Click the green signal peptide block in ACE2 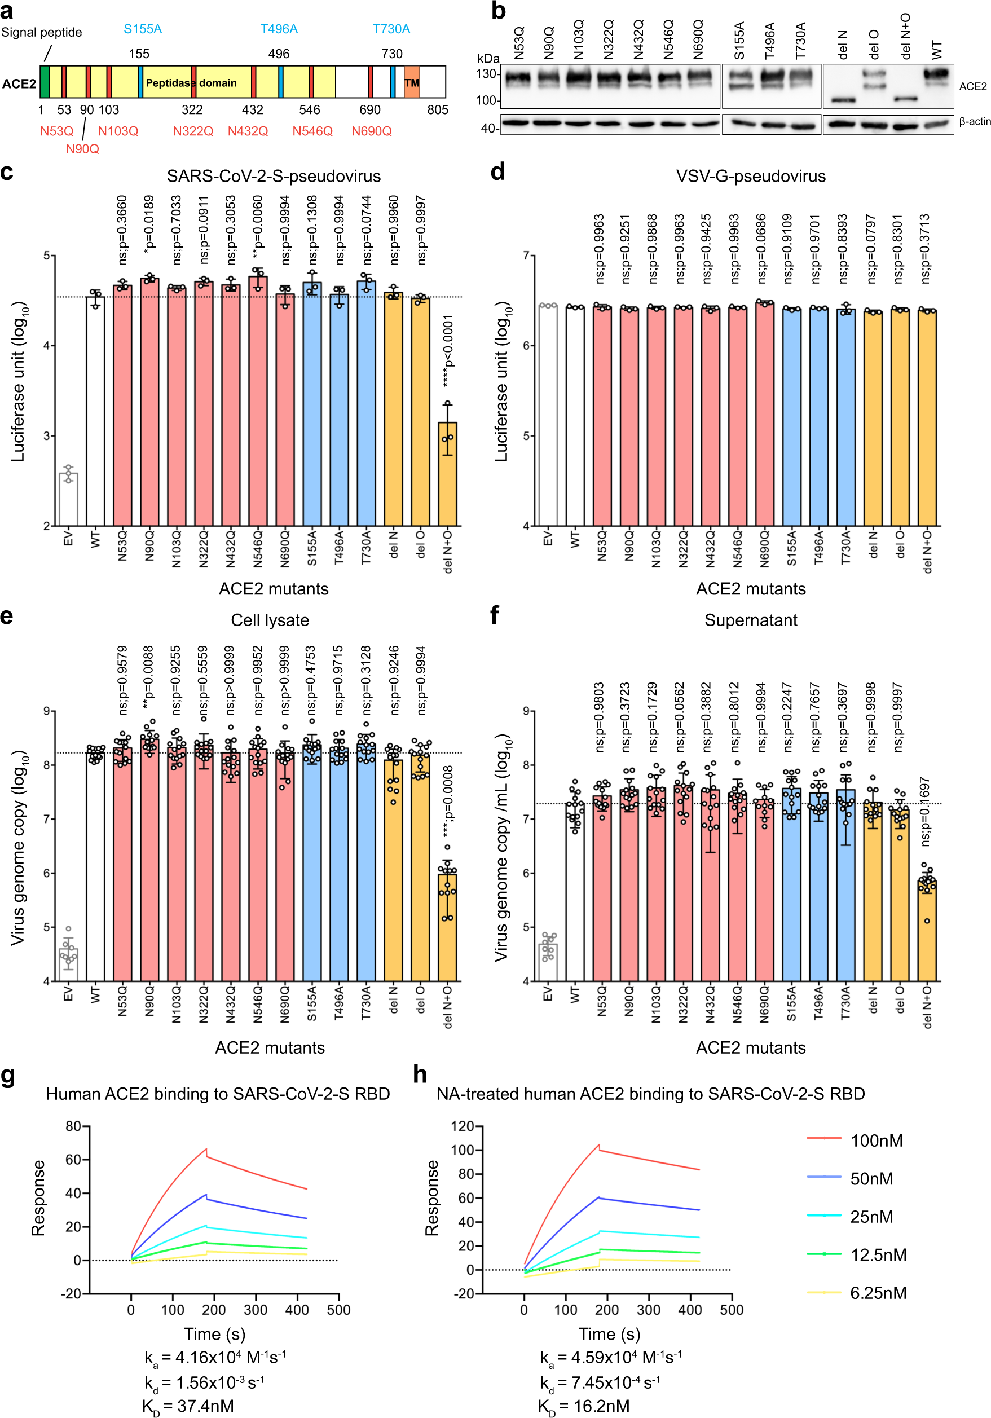click(x=45, y=82)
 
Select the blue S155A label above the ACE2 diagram click(x=143, y=29)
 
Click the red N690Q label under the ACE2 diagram click(x=372, y=131)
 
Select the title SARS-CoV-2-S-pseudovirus click(x=274, y=177)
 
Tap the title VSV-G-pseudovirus click(x=750, y=177)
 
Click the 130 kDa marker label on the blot click(x=487, y=74)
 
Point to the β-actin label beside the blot click(x=974, y=122)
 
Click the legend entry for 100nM click(x=876, y=1140)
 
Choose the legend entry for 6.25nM click(x=878, y=1293)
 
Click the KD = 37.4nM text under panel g click(x=188, y=1406)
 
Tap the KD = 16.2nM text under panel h click(x=584, y=1406)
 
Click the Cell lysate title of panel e click(x=270, y=620)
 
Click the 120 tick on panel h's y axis click(x=462, y=1126)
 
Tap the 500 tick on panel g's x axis click(x=338, y=1310)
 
